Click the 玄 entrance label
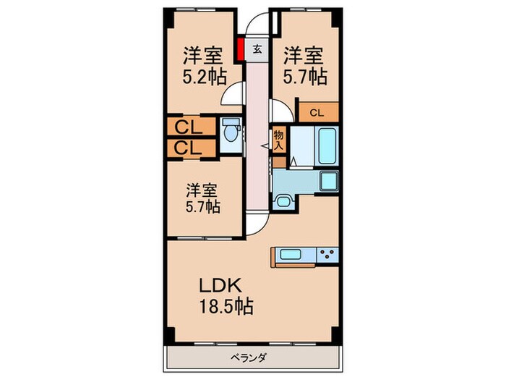pos(257,50)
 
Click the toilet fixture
pos(229,133)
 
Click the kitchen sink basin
pos(293,255)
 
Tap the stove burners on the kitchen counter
pos(327,255)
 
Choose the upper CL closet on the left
pos(189,128)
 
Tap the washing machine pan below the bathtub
pos(330,181)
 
